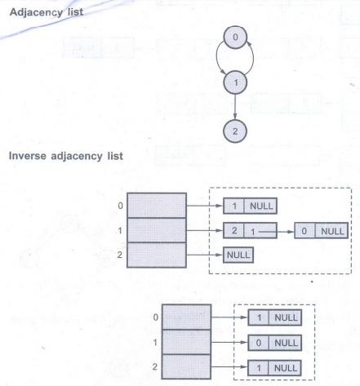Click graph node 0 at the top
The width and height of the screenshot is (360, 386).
[x=235, y=38]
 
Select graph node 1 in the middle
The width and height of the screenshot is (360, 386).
[x=235, y=82]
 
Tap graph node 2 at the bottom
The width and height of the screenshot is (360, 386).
[x=235, y=131]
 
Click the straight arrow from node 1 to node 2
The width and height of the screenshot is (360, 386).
[x=235, y=107]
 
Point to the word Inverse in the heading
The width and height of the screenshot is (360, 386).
[x=28, y=156]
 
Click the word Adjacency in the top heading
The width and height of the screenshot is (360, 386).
[x=36, y=12]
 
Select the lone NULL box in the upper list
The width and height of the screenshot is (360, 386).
[x=238, y=255]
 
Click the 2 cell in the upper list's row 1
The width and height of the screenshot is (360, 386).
[x=233, y=231]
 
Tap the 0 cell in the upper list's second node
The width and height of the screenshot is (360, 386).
[x=304, y=231]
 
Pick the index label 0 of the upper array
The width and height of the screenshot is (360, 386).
[x=121, y=206]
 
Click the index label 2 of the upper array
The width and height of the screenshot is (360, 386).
[x=120, y=255]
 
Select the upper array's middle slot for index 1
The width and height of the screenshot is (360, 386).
[x=157, y=230]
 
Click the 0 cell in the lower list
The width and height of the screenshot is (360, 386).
[x=258, y=343]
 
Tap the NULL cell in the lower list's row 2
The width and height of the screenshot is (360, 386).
[x=285, y=368]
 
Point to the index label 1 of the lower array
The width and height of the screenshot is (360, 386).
[x=155, y=342]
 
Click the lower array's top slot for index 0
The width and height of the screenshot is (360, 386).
[x=186, y=317]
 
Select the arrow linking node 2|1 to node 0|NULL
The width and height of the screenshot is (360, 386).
[x=277, y=232]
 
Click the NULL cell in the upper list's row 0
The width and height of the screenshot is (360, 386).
[x=260, y=206]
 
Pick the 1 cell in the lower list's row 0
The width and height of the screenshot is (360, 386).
[x=259, y=317]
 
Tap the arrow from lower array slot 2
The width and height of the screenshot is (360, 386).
[x=229, y=367]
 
